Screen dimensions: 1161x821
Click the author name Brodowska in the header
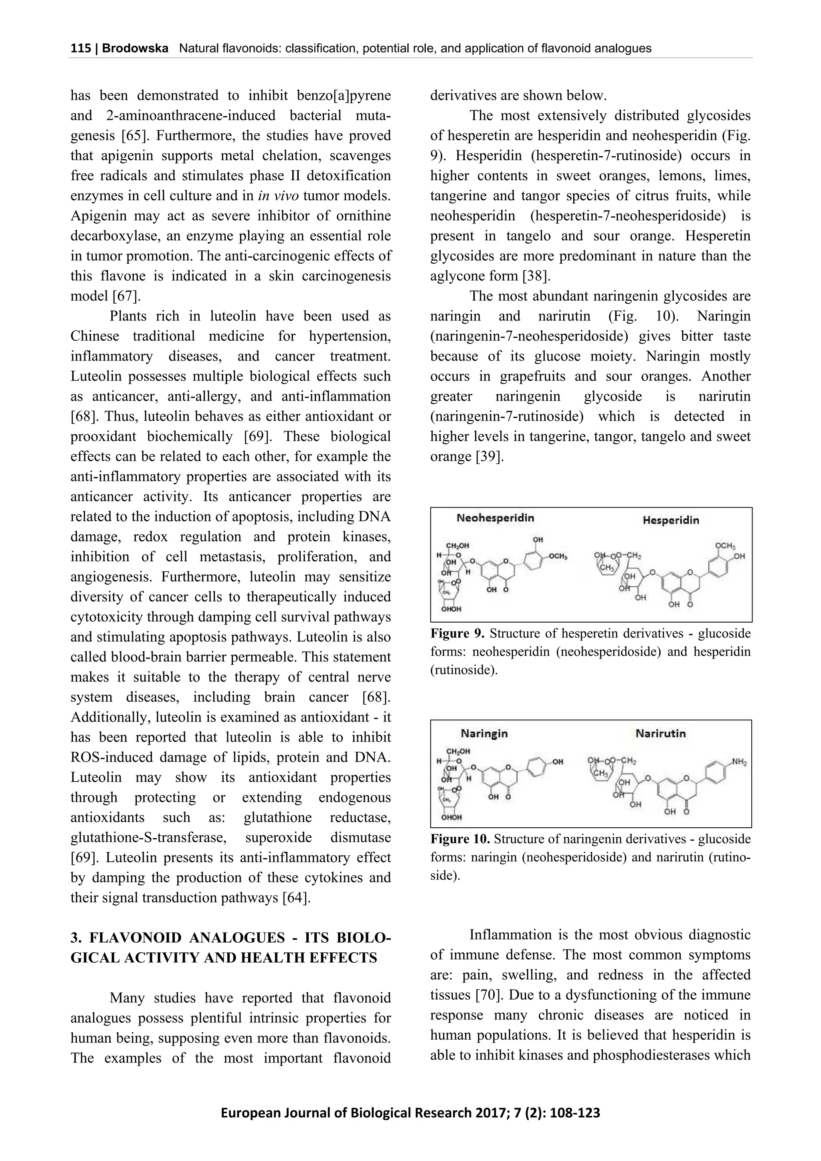(135, 48)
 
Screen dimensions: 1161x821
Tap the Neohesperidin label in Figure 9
(495, 518)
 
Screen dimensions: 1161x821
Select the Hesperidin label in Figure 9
(670, 520)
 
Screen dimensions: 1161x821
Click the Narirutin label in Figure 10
(660, 733)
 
